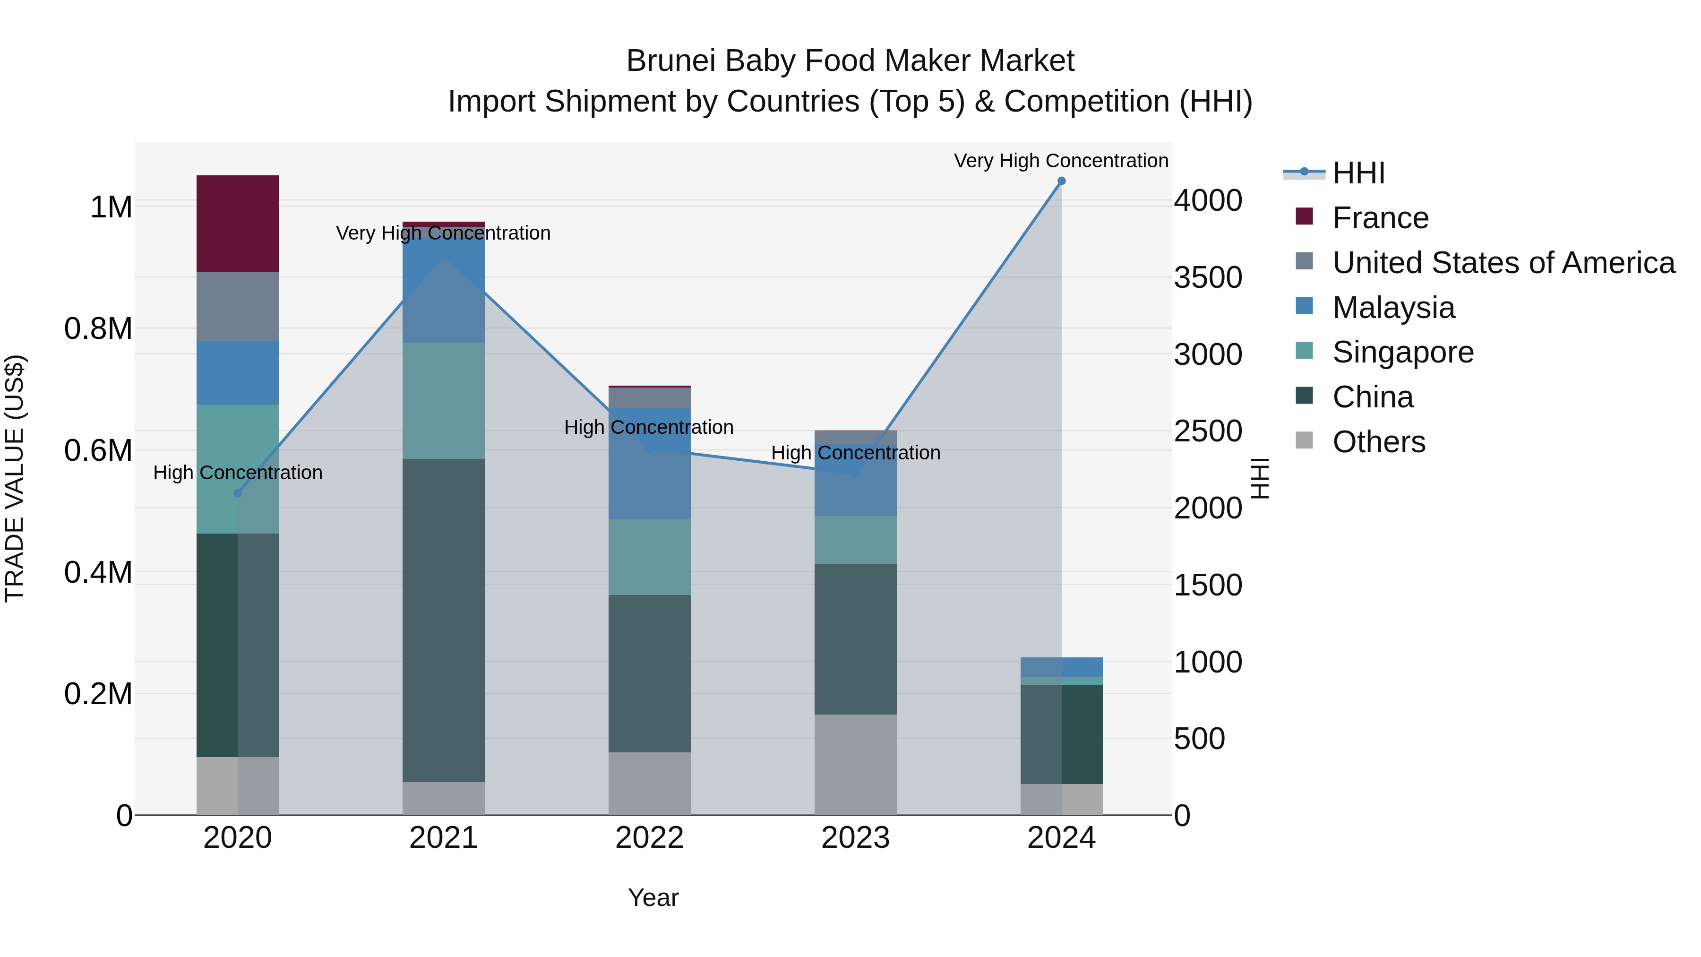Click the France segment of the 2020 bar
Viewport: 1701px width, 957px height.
point(237,223)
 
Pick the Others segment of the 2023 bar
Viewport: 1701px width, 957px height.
point(855,764)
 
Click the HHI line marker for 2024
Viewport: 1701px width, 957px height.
point(1061,181)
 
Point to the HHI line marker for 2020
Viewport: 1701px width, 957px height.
point(238,493)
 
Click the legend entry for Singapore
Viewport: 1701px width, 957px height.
point(1402,352)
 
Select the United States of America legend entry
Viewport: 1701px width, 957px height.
point(1503,263)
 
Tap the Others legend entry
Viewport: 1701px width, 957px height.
point(1378,442)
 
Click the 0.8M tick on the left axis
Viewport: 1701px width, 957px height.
point(98,329)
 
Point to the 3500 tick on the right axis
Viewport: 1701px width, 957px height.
point(1208,277)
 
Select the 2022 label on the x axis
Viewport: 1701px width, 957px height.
point(649,838)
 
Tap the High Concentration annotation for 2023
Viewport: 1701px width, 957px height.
point(855,453)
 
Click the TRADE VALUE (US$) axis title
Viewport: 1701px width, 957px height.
point(15,478)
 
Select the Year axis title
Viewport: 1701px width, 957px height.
point(653,897)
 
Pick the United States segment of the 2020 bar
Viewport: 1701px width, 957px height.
point(237,306)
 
